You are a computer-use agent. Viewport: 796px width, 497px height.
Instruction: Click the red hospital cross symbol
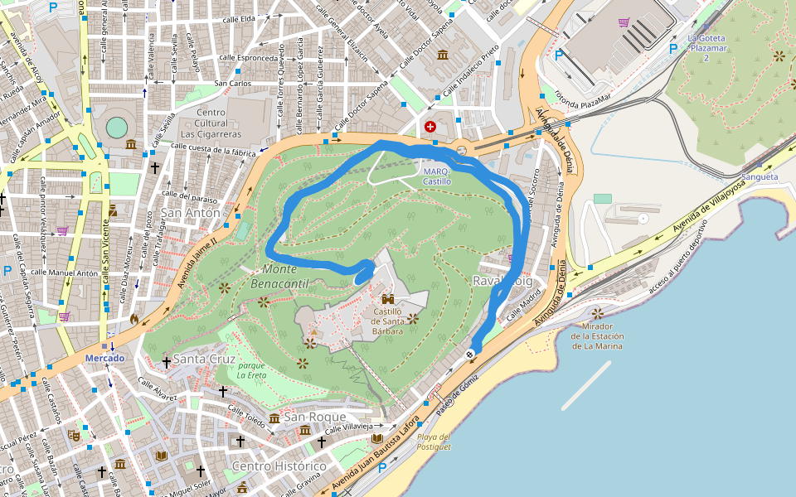click(x=430, y=127)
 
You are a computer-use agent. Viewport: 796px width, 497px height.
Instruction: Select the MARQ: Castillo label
click(x=437, y=176)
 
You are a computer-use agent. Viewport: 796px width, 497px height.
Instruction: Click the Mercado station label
click(x=104, y=359)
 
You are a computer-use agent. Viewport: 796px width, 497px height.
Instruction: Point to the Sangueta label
click(x=760, y=176)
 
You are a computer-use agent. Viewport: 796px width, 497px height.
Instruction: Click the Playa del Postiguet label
click(x=434, y=442)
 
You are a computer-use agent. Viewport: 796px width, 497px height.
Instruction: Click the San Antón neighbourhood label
click(x=192, y=213)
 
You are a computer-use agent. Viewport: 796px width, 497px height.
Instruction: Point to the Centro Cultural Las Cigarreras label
click(x=211, y=123)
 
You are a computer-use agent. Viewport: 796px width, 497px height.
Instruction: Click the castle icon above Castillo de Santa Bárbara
click(x=387, y=298)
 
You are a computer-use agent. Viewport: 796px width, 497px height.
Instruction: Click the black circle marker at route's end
click(x=470, y=354)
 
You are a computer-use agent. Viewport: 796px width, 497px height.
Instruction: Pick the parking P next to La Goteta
click(x=672, y=49)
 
